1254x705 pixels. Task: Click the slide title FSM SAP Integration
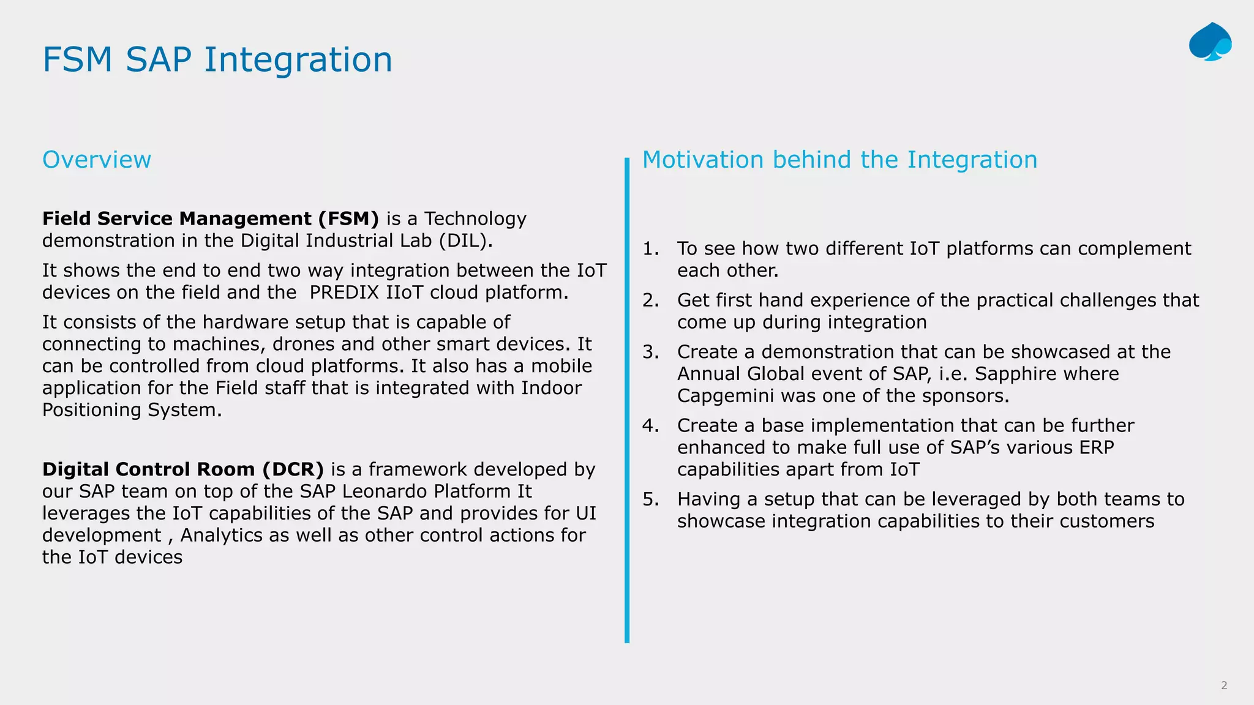(217, 60)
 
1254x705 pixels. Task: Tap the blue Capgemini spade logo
(1209, 42)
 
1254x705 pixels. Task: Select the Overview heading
(97, 160)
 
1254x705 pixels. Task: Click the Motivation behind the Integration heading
(839, 160)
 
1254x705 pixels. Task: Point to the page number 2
(1224, 685)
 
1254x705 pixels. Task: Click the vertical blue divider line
(627, 401)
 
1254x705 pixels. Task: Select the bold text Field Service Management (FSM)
(211, 218)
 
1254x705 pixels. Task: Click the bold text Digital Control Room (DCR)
(182, 469)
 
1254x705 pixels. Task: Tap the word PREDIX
(344, 293)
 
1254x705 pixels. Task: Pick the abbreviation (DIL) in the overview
(465, 241)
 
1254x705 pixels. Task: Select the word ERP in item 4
(1097, 447)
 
